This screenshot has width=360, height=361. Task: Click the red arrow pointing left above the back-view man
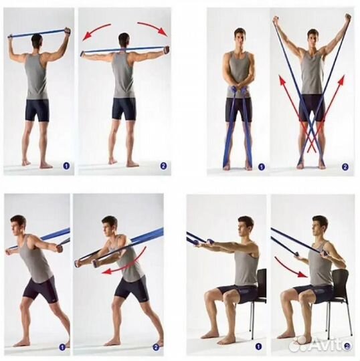click(95, 30)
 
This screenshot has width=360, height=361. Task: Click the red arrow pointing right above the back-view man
click(153, 27)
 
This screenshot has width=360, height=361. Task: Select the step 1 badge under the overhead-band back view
click(66, 166)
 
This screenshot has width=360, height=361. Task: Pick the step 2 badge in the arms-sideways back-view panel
click(163, 166)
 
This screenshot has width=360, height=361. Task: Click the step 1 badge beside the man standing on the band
click(261, 166)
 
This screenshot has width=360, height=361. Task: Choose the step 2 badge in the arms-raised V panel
click(345, 167)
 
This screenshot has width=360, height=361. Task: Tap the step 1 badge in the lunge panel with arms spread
click(62, 347)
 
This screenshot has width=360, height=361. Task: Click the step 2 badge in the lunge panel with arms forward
click(156, 347)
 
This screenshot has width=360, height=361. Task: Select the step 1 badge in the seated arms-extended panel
click(258, 346)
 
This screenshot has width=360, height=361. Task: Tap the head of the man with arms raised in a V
click(312, 38)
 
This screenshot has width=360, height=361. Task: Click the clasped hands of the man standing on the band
click(239, 90)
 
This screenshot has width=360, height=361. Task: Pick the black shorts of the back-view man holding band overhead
click(37, 110)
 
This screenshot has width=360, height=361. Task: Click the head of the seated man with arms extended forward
click(245, 227)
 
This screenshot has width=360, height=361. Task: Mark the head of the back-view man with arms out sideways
click(124, 41)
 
